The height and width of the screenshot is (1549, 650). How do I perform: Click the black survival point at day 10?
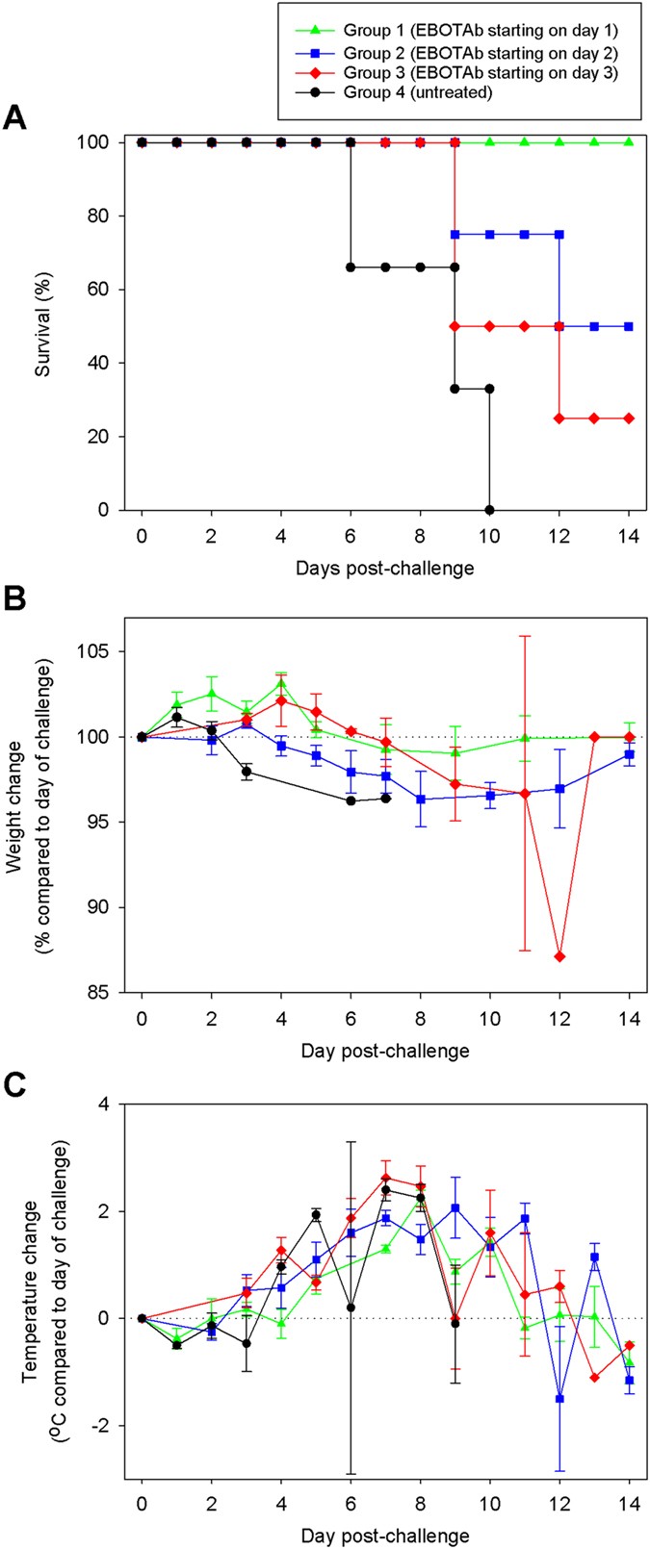[490, 510]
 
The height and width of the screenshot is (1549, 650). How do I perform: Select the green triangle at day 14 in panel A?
[629, 142]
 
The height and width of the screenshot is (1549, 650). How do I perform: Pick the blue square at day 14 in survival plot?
[629, 326]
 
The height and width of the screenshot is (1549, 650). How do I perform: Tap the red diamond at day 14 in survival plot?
[629, 419]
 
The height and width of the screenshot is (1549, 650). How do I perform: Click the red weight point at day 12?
[559, 956]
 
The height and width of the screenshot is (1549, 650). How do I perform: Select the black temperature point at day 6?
[351, 1308]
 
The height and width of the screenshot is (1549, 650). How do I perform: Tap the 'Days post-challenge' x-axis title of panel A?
[386, 568]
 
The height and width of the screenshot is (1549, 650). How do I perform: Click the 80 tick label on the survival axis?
[99, 216]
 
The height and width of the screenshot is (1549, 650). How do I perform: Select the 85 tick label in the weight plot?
[99, 992]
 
